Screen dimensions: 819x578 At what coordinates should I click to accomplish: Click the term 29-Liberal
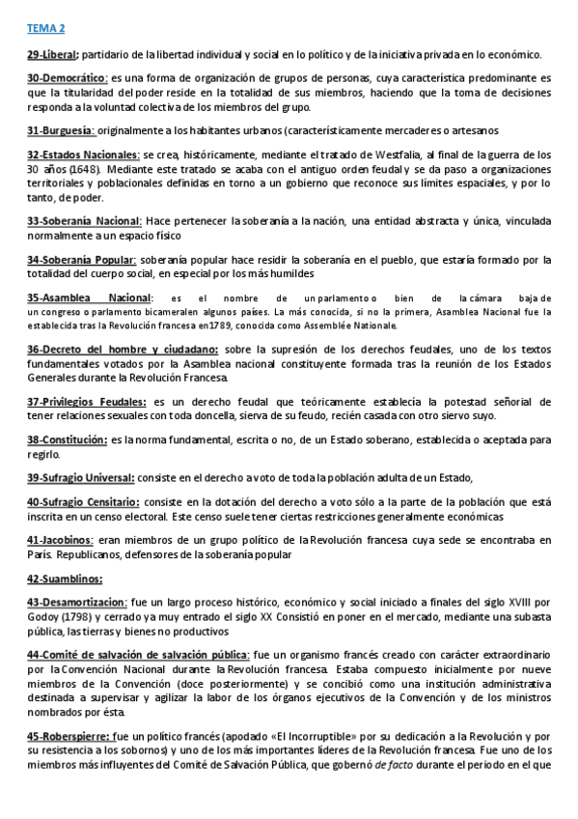tap(53, 55)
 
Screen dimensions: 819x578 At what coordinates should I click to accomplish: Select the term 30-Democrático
tap(67, 78)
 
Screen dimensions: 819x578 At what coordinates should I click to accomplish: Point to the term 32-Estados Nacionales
tap(84, 155)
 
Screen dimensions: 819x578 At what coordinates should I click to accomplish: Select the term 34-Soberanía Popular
tap(82, 260)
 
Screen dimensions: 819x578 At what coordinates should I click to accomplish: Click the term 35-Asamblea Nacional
tap(88, 297)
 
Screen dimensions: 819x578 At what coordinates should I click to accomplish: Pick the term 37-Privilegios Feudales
tap(87, 401)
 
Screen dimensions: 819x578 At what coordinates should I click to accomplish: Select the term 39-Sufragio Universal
tap(82, 477)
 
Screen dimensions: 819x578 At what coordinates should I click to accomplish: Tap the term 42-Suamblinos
tap(65, 579)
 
